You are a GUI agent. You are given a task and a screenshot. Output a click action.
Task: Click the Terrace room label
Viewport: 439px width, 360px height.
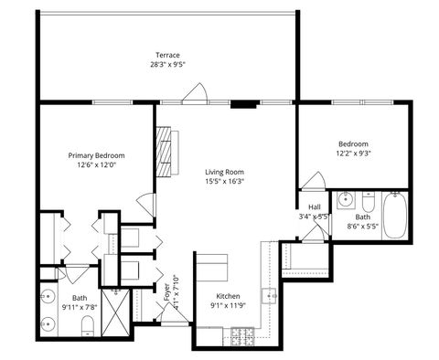click(x=167, y=54)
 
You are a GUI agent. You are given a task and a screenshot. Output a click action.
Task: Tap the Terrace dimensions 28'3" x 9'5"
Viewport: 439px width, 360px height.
click(x=167, y=64)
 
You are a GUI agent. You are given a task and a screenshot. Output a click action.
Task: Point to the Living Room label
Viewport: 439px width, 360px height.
click(x=224, y=171)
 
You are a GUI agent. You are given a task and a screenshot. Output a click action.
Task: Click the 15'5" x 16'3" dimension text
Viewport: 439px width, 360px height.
click(x=224, y=181)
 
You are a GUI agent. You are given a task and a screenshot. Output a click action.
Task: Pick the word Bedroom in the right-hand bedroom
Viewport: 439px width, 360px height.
click(x=353, y=144)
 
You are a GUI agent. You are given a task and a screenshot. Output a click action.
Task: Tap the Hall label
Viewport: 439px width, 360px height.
click(x=314, y=207)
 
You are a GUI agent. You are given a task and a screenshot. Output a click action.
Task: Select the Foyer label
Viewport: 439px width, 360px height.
click(x=166, y=292)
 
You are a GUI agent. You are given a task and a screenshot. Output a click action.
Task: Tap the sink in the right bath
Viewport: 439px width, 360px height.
click(x=347, y=200)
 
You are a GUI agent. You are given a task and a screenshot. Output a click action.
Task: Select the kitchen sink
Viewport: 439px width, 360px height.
click(x=270, y=295)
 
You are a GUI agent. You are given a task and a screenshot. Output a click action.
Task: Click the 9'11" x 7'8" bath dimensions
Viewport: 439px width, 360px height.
click(x=80, y=308)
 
